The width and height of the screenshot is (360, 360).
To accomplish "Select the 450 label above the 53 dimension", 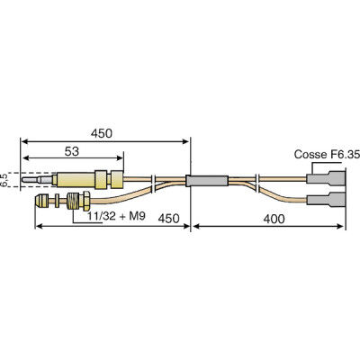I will (102, 133).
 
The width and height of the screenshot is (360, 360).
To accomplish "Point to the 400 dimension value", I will (274, 218).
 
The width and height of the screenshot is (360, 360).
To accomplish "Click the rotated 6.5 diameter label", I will (5, 179).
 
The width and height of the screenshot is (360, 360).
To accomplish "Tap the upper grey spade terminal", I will (325, 176).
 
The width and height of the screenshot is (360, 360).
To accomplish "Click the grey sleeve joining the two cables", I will (206, 181).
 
